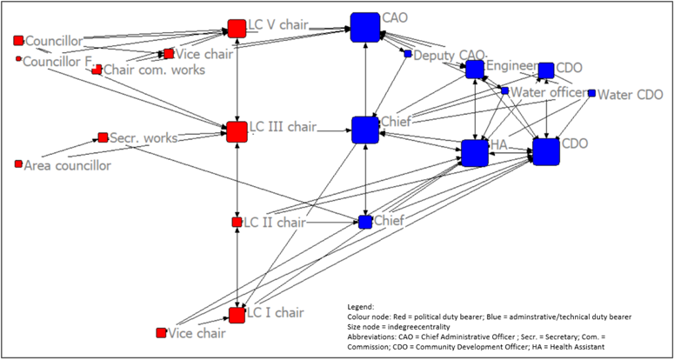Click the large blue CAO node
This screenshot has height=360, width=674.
(365, 27)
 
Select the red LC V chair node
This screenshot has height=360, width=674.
(236, 29)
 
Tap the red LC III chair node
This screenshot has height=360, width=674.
(237, 132)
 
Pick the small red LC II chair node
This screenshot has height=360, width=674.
(237, 223)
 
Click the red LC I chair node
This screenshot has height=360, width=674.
(237, 314)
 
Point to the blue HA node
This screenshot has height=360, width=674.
(475, 153)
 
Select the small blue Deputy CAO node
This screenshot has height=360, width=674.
(407, 54)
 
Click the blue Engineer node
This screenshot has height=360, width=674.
(474, 70)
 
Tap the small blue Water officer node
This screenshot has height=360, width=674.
(504, 90)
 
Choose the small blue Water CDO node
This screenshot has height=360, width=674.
(591, 93)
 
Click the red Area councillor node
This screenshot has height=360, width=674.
(18, 164)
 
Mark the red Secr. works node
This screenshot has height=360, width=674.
(103, 137)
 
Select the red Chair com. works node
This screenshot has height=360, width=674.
(97, 70)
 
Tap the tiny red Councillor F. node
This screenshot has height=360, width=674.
(18, 59)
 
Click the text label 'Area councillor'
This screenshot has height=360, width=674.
(68, 165)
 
